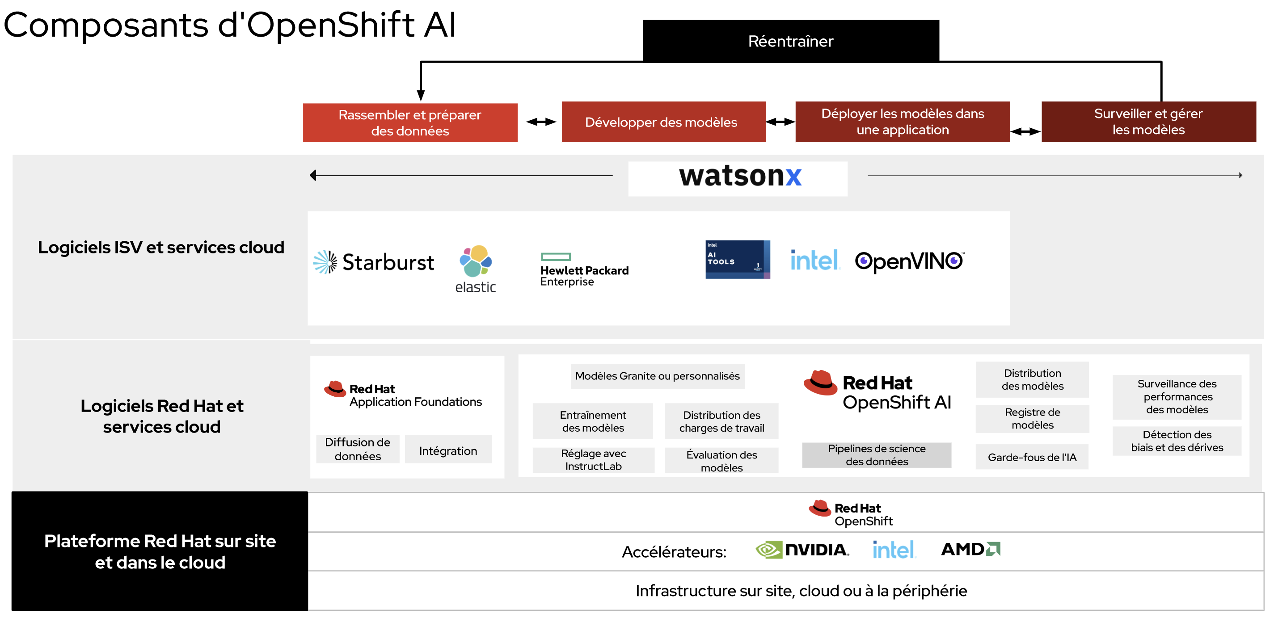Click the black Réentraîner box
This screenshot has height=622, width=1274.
(x=790, y=41)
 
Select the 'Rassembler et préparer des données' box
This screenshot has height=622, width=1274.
(x=410, y=122)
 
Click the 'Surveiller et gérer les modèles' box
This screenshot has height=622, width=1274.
(x=1148, y=122)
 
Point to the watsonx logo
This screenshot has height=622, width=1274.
(x=740, y=177)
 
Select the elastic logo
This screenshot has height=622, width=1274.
(x=475, y=269)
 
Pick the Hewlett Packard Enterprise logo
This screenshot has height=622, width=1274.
(x=584, y=270)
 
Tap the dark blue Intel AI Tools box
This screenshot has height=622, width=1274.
(x=737, y=260)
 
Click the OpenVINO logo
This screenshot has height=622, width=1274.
(x=909, y=261)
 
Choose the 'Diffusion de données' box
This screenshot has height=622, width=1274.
(x=358, y=449)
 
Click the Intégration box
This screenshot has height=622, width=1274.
(x=448, y=450)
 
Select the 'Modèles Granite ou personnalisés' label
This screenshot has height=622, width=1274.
(x=657, y=376)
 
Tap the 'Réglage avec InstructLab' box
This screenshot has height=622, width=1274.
(x=593, y=460)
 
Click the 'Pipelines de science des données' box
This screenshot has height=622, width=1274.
(x=876, y=455)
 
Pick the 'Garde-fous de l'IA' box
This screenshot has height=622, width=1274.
(x=1032, y=458)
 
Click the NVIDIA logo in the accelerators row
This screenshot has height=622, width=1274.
(x=802, y=550)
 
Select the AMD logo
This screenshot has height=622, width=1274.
(x=970, y=549)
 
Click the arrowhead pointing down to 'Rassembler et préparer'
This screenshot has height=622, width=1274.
(x=420, y=96)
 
